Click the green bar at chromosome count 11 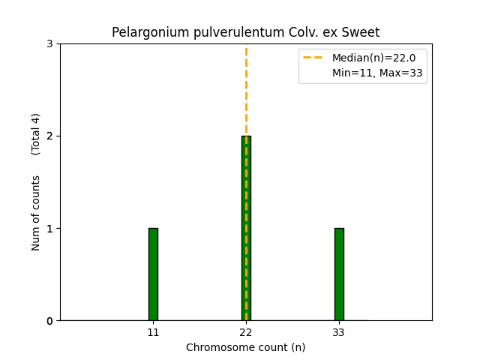[153, 274]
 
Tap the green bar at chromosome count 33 [339, 274]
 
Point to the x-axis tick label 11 [153, 332]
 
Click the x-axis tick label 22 [246, 332]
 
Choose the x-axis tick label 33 [339, 332]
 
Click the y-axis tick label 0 [49, 321]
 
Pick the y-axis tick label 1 [49, 229]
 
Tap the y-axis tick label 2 [49, 136]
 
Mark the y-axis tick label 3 [49, 43]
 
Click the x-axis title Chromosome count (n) [246, 347]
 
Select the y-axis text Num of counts [36, 213]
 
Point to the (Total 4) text [36, 134]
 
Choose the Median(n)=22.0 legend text [373, 58]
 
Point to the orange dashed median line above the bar [246, 90]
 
